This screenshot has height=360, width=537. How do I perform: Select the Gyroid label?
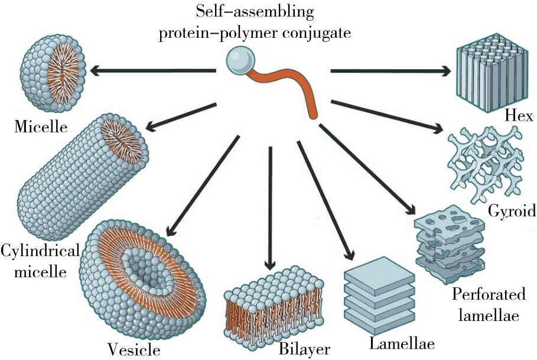[511, 211]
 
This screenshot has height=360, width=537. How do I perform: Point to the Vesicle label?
[133, 349]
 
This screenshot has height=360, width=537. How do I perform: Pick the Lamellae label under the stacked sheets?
[402, 343]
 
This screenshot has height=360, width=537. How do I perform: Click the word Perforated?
[487, 294]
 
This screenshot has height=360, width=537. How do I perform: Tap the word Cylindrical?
[40, 251]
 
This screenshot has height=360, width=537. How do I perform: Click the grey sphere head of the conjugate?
[240, 61]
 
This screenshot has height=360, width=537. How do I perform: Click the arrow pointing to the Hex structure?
[390, 71]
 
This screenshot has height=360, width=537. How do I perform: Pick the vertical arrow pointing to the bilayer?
[270, 207]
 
